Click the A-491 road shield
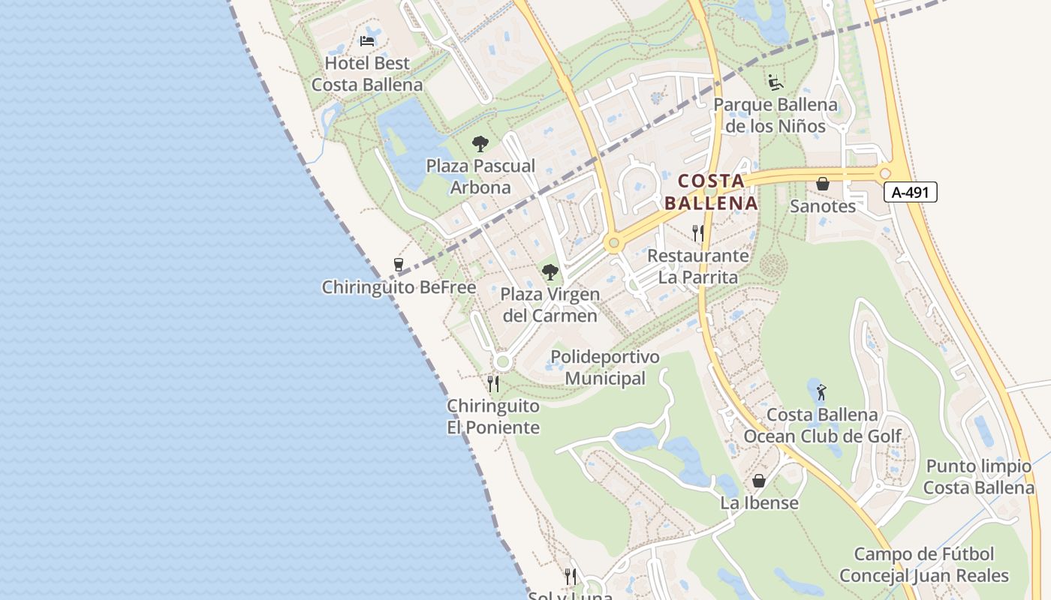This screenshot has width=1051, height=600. pos(910,192)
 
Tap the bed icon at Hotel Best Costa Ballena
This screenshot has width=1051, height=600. pos(367,40)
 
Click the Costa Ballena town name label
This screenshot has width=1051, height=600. pos(710,192)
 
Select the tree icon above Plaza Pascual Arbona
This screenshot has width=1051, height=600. pos(480,144)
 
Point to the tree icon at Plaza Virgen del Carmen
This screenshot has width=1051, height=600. pos(550,272)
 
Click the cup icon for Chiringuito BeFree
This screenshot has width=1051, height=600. pos(399,265)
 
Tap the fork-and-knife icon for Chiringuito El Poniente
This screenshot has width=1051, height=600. pos(493,384)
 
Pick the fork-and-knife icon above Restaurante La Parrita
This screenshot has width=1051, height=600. pos(698,233)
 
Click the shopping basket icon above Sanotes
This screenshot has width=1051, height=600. pos(823,184)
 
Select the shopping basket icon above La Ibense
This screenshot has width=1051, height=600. pos(759,481)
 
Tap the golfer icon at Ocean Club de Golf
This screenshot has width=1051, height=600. pos(821,391)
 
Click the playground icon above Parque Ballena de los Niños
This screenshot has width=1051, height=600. pos(775,82)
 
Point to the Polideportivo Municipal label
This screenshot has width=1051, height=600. pos(605,367)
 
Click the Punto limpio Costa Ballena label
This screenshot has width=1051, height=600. pos(978,477)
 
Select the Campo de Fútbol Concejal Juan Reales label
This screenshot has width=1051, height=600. pos(924,565)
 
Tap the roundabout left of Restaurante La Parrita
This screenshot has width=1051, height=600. pos(614,243)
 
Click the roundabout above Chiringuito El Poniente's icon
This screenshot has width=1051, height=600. pos(502,362)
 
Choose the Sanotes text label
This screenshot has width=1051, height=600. pos(823,206)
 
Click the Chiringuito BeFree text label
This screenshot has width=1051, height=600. pos(399,287)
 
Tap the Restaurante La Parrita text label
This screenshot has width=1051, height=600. pos(698,266)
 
